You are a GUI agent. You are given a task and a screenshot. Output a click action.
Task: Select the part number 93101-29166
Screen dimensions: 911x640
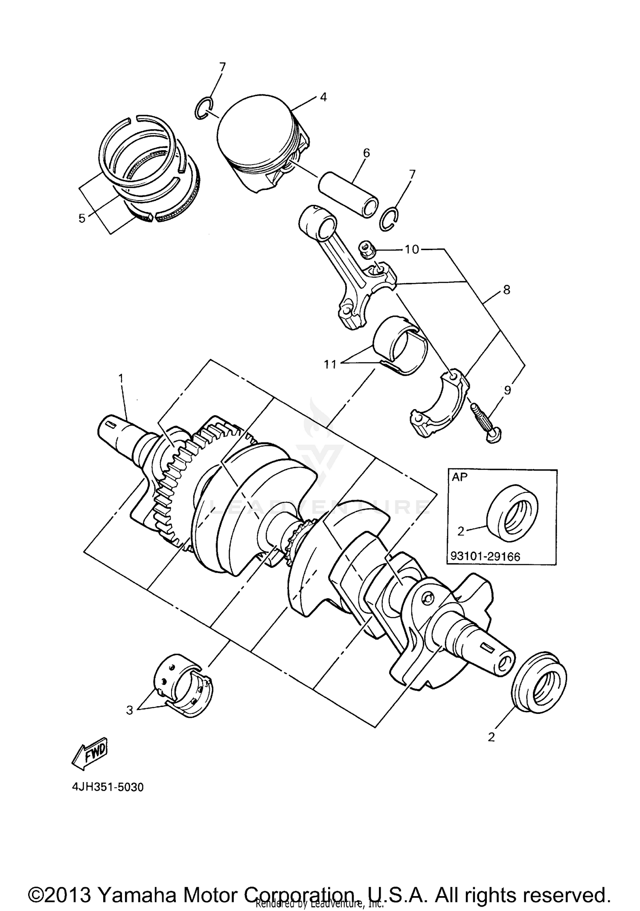click(x=485, y=556)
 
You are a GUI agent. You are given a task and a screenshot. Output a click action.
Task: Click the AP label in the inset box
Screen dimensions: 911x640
click(x=460, y=477)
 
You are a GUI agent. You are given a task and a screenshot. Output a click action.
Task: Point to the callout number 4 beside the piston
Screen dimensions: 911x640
click(x=323, y=97)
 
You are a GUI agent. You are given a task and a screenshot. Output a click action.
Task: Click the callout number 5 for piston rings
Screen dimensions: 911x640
click(x=82, y=218)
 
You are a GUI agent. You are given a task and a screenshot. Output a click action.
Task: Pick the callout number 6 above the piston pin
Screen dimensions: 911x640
click(x=366, y=153)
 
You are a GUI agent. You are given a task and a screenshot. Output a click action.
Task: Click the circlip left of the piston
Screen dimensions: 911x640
click(x=204, y=109)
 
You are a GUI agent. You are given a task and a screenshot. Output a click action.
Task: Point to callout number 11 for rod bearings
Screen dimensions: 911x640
click(x=330, y=364)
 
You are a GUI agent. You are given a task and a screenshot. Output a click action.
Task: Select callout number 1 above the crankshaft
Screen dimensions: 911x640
click(x=121, y=378)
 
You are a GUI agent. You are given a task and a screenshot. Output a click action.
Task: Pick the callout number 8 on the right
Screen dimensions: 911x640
click(x=506, y=290)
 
